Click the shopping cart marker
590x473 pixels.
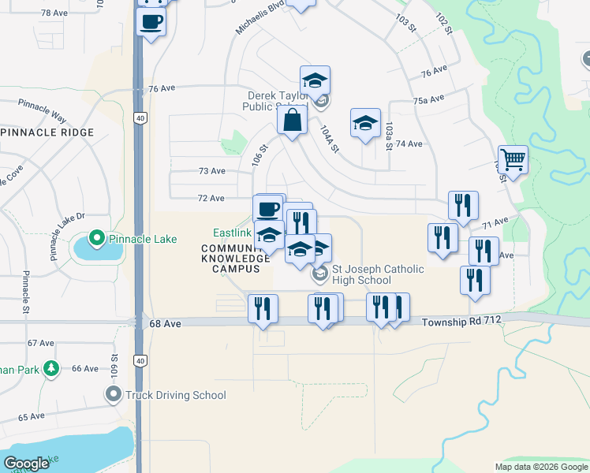(513, 160)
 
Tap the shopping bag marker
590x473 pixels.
(291, 121)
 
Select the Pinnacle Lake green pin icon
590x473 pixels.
(97, 236)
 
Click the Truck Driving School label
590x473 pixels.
(170, 395)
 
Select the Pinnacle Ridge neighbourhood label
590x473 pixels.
(47, 132)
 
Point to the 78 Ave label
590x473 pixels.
(55, 13)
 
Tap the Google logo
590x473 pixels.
(26, 464)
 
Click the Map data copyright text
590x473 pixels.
(541, 467)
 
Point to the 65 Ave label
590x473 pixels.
(32, 416)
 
